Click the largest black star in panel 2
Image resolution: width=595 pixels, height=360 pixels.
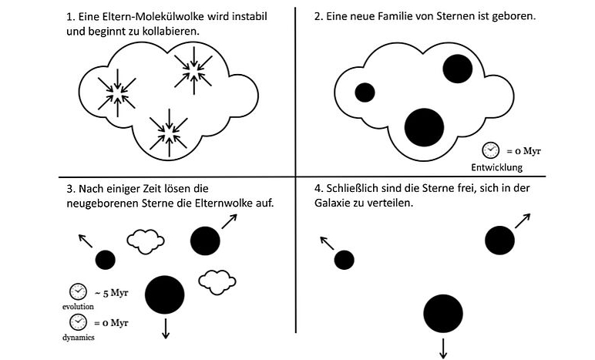[x=424, y=127]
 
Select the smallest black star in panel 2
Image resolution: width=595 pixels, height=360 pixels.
[x=365, y=93]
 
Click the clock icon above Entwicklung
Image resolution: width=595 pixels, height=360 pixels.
[x=490, y=150]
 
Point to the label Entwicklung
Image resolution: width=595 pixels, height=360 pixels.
[x=496, y=167]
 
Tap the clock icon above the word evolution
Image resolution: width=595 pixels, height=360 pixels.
[x=78, y=291]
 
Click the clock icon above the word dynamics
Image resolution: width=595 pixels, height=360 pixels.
[x=78, y=322]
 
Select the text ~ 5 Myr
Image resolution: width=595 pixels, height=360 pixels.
[x=111, y=293]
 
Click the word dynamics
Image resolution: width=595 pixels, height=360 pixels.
[x=78, y=337]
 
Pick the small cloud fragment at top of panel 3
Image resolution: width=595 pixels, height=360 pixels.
[x=146, y=241]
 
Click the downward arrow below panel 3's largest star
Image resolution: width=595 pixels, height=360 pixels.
[x=166, y=328]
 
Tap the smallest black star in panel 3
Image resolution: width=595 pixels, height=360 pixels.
[x=105, y=260]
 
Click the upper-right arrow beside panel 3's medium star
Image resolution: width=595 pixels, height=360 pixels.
[x=229, y=221]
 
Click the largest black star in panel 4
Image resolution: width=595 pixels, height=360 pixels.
[x=443, y=313]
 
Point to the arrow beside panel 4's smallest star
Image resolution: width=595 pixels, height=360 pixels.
[x=327, y=243]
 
